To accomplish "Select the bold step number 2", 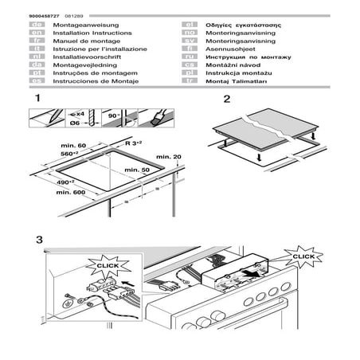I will (227, 100).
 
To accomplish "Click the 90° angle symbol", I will (113, 115).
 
